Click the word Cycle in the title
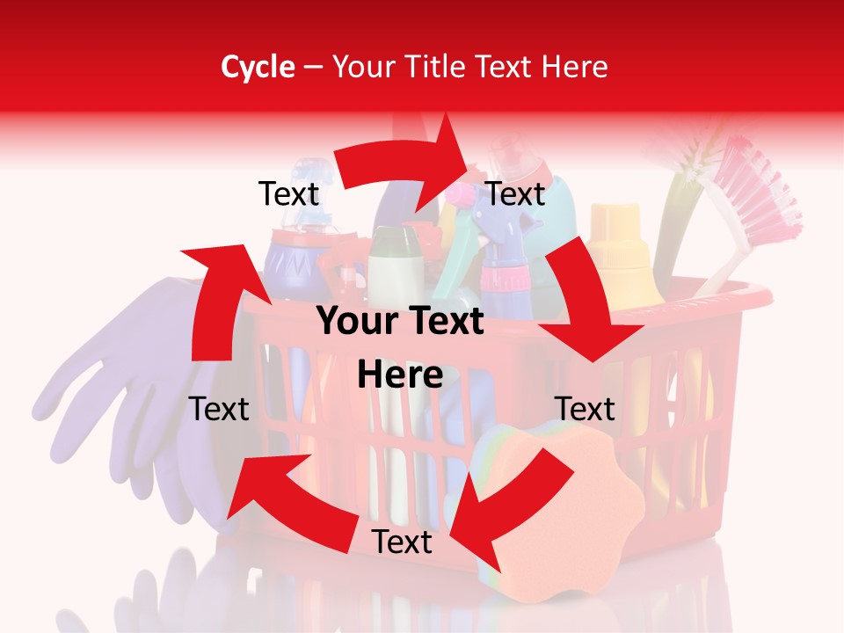(x=258, y=67)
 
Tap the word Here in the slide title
(x=574, y=67)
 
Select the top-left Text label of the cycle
(x=288, y=194)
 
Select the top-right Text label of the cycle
(x=516, y=194)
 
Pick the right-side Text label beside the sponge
(x=585, y=409)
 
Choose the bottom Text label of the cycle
(x=402, y=542)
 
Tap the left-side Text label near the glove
(x=219, y=409)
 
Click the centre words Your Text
(x=400, y=322)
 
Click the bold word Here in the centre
(x=400, y=375)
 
